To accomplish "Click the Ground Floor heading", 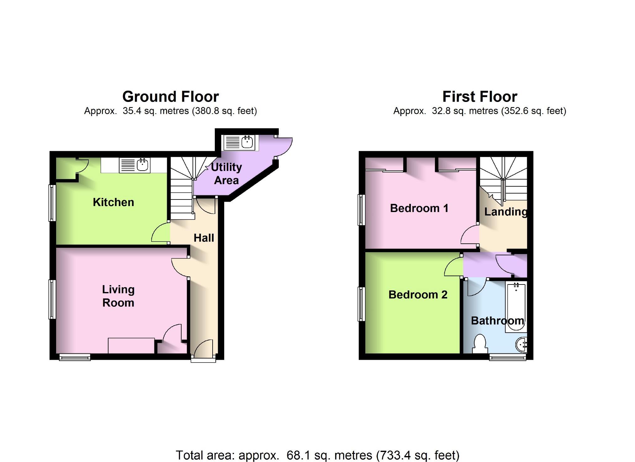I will pos(170,97).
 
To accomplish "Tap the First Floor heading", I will pos(479,97).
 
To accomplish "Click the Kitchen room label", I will pos(113,202).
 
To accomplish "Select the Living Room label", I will pos(118,296).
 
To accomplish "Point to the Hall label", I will pos(204,238).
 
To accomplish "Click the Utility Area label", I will pos(226,173).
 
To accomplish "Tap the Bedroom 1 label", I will pos(419,208).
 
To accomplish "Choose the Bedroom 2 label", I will pos(418,295).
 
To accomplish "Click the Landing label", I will pos(505,212).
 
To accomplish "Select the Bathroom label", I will pos(497,321).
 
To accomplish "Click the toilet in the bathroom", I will pos(480,344).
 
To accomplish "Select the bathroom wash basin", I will pos(522,345).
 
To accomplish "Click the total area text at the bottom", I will pos(317,455).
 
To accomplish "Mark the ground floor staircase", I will pos(182,188).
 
